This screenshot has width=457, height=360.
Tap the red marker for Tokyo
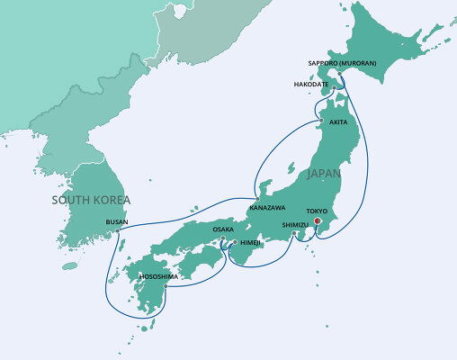pos(317,219)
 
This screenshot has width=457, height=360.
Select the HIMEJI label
pos(249,243)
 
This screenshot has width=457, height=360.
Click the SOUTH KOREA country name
pos(91,200)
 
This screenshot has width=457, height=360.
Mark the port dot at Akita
pos(322,121)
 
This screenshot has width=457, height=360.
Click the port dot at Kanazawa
pos(257,199)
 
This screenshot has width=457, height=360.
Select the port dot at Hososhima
pos(166,286)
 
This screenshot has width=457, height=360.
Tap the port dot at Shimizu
pos(295,236)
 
